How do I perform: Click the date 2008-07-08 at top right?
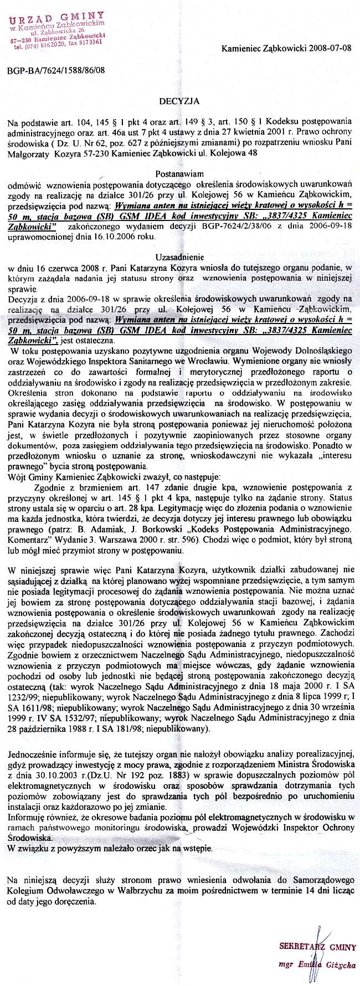[x=331, y=48]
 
